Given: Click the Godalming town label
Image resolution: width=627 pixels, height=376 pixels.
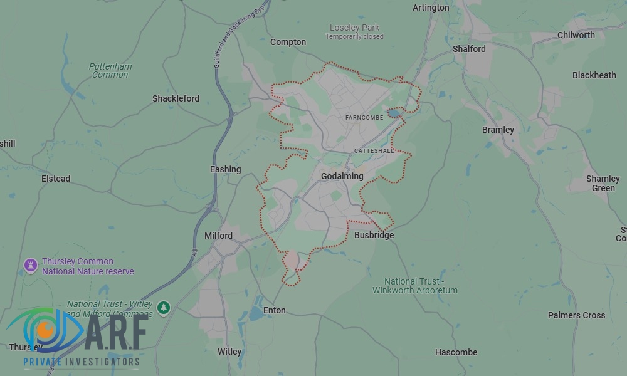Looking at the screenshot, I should point(342,176).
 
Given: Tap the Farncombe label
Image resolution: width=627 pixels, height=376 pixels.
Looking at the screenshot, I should point(364,118).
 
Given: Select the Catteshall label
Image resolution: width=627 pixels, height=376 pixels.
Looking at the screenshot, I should point(374,151).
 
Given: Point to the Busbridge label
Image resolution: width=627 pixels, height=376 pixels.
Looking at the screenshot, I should point(374,235).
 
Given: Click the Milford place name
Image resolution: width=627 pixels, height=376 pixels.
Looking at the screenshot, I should point(218,236).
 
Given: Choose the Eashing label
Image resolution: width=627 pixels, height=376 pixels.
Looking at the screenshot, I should point(225,169).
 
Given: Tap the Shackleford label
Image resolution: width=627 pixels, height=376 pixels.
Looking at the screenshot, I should point(176,98).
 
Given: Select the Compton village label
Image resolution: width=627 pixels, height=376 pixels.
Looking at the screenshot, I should point(288,42).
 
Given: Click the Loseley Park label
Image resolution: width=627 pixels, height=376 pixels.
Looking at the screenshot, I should point(354,28).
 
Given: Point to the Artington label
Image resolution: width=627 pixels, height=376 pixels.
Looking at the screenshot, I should point(431,8).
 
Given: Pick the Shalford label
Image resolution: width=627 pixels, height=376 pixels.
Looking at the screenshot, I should point(469,49).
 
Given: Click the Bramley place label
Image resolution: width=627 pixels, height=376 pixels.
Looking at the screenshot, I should point(498,130).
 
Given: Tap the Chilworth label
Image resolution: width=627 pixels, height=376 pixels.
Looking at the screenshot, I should point(576,35).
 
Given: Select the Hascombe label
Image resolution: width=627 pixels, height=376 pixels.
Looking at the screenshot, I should point(456,352).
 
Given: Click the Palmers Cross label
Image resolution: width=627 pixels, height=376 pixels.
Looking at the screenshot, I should point(576,315).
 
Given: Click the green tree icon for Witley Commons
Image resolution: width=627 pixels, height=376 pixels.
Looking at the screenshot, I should point(164,308).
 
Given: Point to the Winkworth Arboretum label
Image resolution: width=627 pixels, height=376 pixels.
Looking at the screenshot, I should point(415,286).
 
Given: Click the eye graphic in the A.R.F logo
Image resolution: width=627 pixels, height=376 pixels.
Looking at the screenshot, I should point(45,330).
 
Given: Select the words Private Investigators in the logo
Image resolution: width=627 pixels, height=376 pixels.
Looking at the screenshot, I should point(82,362).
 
